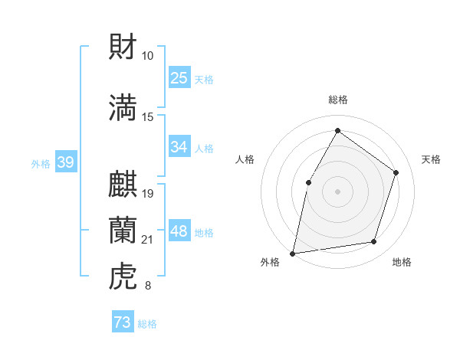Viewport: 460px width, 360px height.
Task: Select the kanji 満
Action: coord(123,107)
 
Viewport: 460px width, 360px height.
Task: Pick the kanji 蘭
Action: coord(123,230)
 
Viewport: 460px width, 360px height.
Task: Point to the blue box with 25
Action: coord(179,78)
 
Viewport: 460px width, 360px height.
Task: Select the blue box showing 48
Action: coord(179,231)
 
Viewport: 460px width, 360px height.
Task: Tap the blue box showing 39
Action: coord(66,162)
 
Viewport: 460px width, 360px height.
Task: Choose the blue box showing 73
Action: coord(123,322)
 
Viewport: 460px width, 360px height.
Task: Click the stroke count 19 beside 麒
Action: coord(148,194)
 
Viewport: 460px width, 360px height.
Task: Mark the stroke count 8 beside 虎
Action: coord(148,286)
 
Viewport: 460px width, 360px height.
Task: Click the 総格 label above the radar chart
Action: coord(337,100)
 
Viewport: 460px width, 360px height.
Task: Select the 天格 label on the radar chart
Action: coord(431,159)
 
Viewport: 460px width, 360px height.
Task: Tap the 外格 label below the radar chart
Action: coord(270,263)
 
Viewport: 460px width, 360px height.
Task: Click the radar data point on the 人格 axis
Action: coord(308,182)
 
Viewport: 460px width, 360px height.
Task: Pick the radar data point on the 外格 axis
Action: coord(293,253)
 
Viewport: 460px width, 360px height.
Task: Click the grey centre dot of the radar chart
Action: coord(337,191)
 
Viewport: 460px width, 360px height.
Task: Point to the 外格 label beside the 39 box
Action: coord(41,163)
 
